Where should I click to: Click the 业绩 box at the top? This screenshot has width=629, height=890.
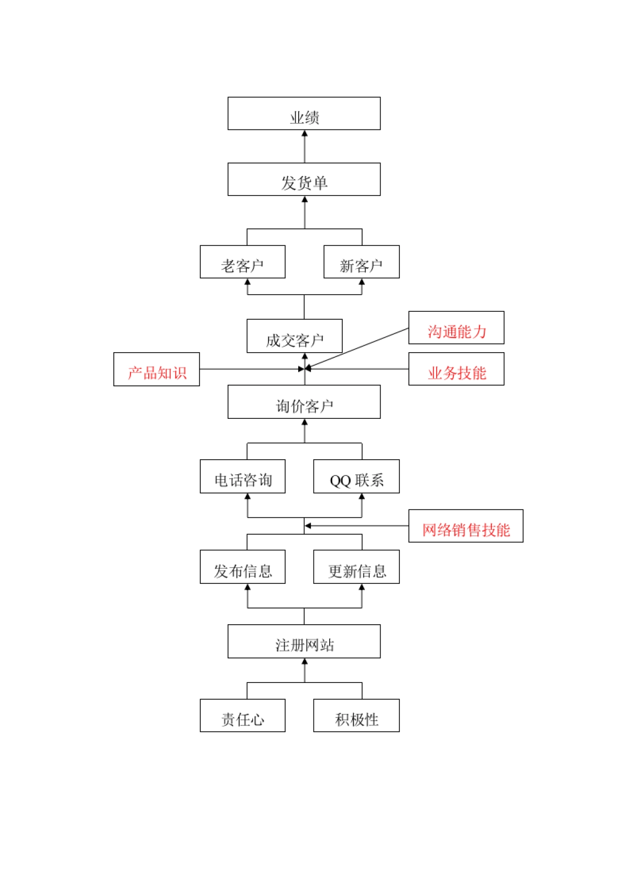(304, 113)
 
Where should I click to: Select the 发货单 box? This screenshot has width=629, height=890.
(304, 179)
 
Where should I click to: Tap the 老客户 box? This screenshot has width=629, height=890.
(243, 262)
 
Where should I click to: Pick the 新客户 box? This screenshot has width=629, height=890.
(362, 262)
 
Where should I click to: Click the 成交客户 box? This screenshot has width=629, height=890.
(295, 336)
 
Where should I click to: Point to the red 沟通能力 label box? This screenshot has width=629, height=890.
(456, 328)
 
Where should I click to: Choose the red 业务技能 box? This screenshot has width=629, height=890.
(456, 369)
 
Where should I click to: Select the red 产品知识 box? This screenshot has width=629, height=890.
(157, 370)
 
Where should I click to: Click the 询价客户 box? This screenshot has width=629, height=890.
(304, 402)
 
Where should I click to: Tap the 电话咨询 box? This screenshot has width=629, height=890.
(243, 476)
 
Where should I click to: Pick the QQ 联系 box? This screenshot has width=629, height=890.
(356, 476)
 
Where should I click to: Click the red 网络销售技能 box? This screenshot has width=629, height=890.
(465, 526)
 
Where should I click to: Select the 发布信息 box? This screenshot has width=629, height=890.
(243, 567)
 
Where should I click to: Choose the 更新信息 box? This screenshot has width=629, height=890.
(356, 567)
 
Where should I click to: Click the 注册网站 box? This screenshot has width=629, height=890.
(304, 642)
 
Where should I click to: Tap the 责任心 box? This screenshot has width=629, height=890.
(243, 715)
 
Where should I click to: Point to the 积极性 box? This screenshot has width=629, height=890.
(356, 715)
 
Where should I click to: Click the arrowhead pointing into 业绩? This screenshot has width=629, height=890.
(305, 134)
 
